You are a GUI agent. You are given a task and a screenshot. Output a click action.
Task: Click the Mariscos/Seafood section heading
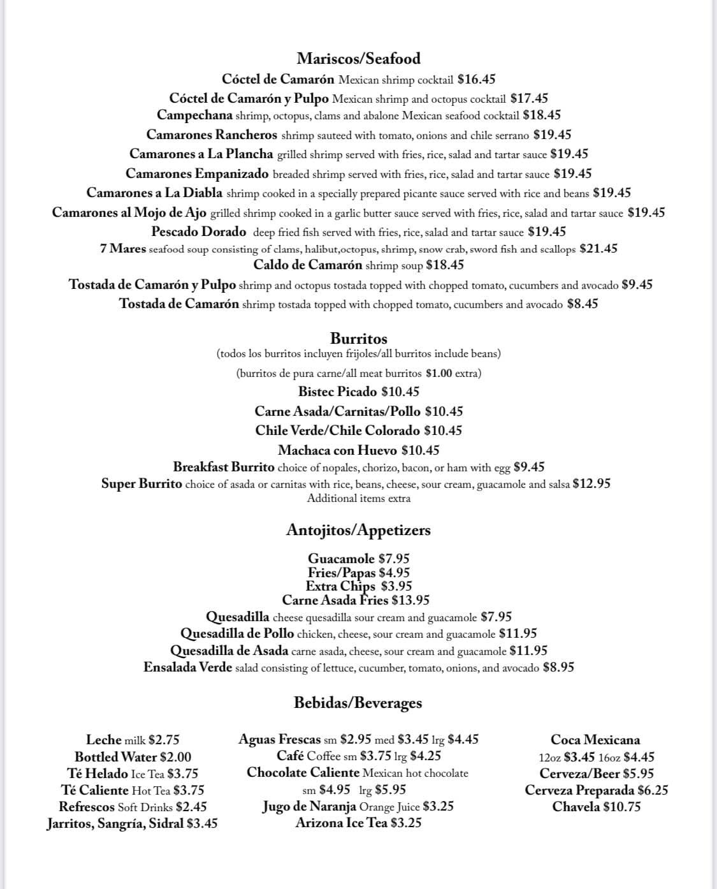pos(359,59)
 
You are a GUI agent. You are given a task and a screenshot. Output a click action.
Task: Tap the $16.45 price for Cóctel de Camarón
pos(476,80)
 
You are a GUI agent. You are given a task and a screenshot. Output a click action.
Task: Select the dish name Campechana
pos(194,115)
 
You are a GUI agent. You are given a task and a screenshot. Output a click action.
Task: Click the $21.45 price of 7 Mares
pos(598,249)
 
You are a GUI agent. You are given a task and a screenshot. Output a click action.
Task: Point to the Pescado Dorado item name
pos(199,231)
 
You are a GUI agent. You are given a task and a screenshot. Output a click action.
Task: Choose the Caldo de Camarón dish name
pos(308,265)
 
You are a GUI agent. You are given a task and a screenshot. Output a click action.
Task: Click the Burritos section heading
pos(359,339)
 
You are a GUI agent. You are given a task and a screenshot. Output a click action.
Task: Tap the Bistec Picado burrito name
pos(337,392)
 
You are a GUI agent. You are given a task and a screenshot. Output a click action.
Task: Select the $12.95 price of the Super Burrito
pos(591,483)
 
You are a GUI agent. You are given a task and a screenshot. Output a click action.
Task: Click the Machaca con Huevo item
pos(337,450)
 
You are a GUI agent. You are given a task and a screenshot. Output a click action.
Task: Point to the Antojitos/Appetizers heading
pos(359,530)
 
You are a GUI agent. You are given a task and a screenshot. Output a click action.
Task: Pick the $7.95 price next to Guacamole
pos(394,559)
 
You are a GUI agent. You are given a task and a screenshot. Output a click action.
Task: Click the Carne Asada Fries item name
pos(335,600)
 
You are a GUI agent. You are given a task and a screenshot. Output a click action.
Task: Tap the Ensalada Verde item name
pos(188,668)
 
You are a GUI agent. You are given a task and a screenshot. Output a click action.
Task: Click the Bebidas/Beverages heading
pos(358,703)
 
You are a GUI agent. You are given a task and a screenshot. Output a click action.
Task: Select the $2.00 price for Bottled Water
pos(175,757)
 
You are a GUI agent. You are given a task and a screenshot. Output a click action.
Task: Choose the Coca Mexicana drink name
pos(595,740)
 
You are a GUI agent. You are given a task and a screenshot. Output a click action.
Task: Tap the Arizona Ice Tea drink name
pos(341,823)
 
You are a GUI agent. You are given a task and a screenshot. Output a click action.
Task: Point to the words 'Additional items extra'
pos(359,499)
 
